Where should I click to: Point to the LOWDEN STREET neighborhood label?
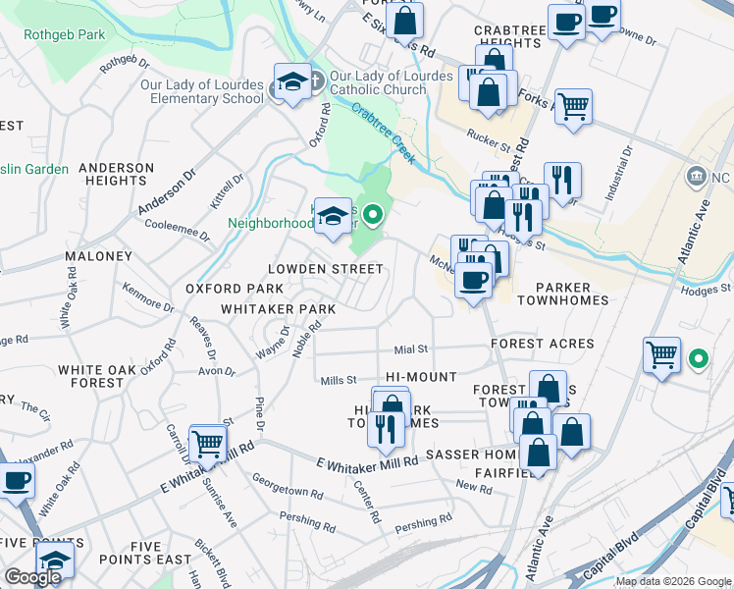tap(325, 269)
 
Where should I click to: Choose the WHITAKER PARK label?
tap(278, 309)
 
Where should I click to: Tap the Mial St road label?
tap(411, 348)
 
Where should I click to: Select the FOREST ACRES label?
tap(543, 344)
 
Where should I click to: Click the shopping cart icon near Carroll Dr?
tap(207, 444)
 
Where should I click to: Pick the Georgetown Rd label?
tap(288, 491)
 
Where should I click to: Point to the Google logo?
tap(32, 577)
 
